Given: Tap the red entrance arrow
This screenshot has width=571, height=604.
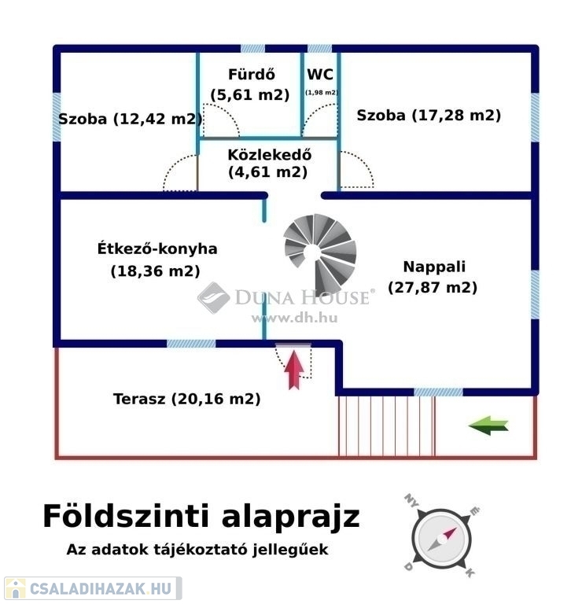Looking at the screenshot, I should pos(294,369).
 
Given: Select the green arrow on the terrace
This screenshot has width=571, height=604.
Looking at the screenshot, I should pos(488,425).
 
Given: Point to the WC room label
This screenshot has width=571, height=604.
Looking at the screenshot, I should pos(320,75).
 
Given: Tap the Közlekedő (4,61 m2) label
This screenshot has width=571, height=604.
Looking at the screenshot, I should pos(268,163).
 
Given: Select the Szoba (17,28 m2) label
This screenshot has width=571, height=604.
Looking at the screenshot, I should pos(429,116).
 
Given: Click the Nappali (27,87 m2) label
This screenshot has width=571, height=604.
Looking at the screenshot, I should pos(433,277).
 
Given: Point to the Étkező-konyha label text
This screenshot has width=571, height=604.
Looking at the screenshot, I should pos(157,249).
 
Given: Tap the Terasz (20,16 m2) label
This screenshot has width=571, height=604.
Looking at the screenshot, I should pos(186,399).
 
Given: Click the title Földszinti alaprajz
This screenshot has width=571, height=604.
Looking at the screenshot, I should pos(201,517).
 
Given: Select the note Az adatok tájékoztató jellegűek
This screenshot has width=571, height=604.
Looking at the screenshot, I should pos(197,550).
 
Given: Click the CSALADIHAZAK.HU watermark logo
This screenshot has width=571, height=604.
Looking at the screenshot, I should pos(94,588).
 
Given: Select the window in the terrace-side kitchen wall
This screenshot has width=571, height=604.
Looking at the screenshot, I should pos(191,344).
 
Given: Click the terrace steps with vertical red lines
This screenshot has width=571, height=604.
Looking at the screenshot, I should pos(386,425).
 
